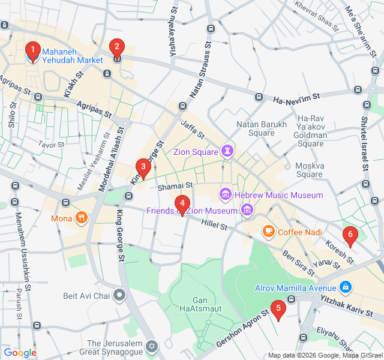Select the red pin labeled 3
coord(142,167)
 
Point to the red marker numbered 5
coord(277,310)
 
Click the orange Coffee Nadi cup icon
coord(268,231)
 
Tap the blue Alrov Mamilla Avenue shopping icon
coord(345,287)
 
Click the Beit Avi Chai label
coord(88,296)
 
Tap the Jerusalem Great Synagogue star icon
coord(152,347)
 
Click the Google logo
coord(20,353)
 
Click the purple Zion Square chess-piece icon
coord(228,151)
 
